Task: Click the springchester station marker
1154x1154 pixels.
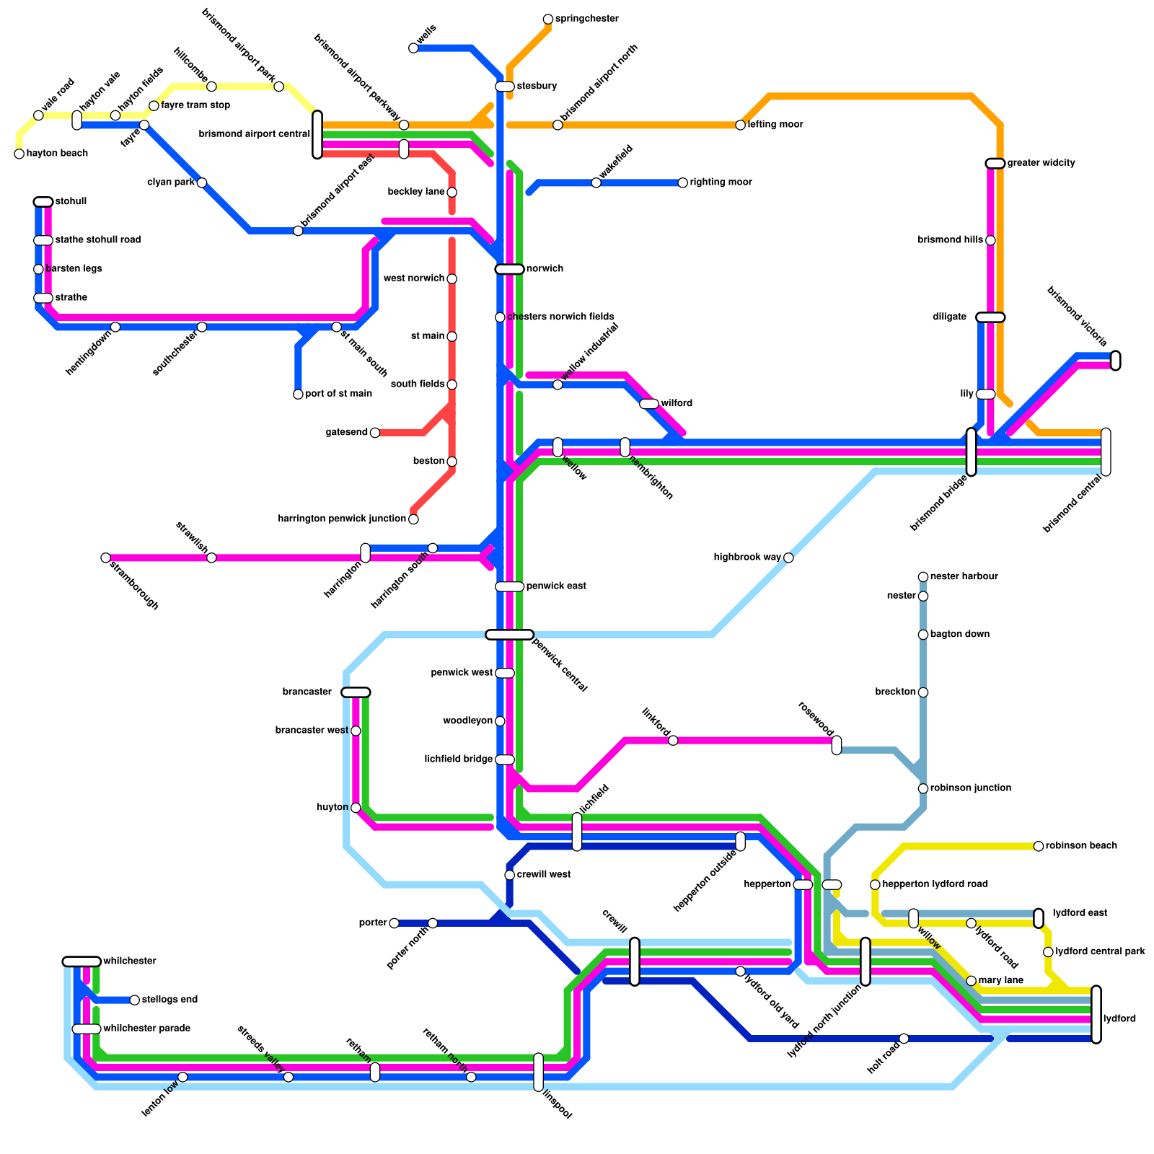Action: point(548,19)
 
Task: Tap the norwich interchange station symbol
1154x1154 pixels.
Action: point(509,269)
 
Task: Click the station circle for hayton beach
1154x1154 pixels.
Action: point(19,154)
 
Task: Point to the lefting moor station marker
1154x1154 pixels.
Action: point(740,125)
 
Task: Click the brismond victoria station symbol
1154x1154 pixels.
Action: point(1115,360)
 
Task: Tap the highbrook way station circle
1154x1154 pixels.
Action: point(788,558)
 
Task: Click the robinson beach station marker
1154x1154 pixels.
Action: point(1039,846)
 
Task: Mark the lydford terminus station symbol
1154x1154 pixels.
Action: point(1096,1014)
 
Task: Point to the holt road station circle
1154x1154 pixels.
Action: point(904,1039)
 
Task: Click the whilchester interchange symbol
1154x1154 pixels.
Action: point(82,961)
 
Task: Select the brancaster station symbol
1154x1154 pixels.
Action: point(356,692)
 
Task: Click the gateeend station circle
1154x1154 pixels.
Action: point(374,433)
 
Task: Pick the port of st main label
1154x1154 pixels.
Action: point(338,394)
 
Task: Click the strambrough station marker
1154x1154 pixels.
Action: point(105,558)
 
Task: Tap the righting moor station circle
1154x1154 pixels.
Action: point(682,182)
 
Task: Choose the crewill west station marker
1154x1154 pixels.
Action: point(509,875)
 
